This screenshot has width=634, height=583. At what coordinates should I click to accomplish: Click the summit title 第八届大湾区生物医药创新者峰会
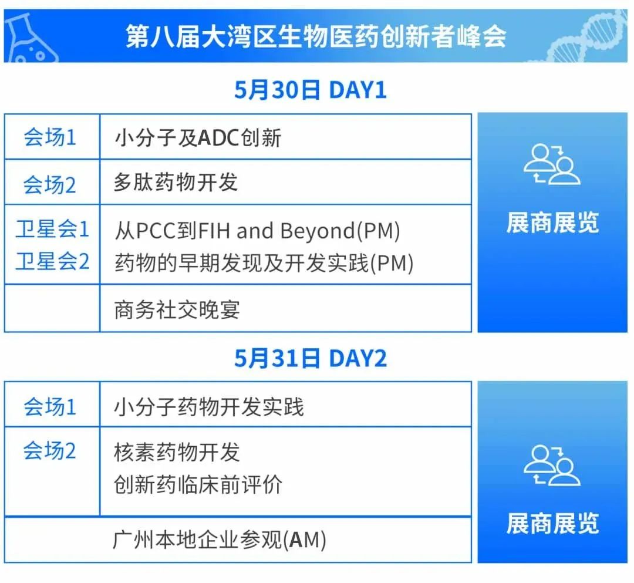(316, 36)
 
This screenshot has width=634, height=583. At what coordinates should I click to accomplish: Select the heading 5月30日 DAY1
(311, 90)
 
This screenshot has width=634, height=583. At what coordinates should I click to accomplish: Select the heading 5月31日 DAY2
(311, 358)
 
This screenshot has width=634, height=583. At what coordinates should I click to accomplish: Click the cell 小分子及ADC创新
(198, 138)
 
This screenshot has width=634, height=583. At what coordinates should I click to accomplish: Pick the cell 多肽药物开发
(176, 183)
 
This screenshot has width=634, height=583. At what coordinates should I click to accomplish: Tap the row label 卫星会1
(52, 229)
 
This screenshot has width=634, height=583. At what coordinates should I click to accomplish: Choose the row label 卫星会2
(52, 261)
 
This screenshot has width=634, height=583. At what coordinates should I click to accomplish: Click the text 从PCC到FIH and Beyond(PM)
(258, 231)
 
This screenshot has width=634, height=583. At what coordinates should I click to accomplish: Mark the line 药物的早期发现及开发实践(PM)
(264, 263)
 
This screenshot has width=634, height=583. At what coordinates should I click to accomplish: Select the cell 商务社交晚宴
(177, 310)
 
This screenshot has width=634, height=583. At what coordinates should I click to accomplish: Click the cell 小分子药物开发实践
(208, 407)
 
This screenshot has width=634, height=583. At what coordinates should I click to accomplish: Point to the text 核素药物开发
(177, 452)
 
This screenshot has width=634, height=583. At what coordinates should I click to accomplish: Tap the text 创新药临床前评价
(198, 484)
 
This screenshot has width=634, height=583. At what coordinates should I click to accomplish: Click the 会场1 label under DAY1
(50, 137)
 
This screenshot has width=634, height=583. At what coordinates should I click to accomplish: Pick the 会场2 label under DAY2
(50, 450)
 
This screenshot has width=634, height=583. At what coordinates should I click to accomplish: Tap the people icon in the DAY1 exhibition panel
(552, 164)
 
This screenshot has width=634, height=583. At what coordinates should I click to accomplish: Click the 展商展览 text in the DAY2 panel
(553, 524)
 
